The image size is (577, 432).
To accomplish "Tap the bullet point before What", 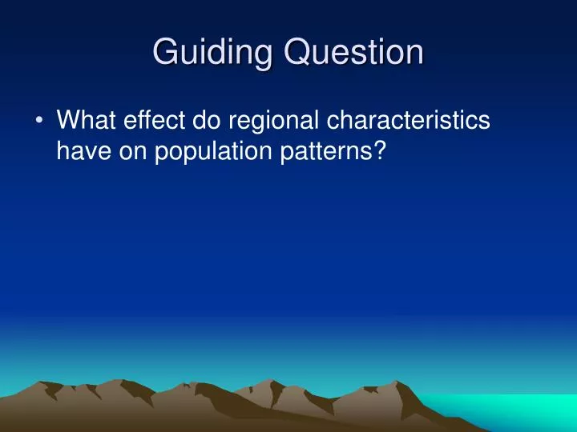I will [39, 121].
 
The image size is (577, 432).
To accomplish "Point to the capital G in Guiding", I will [165, 52].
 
